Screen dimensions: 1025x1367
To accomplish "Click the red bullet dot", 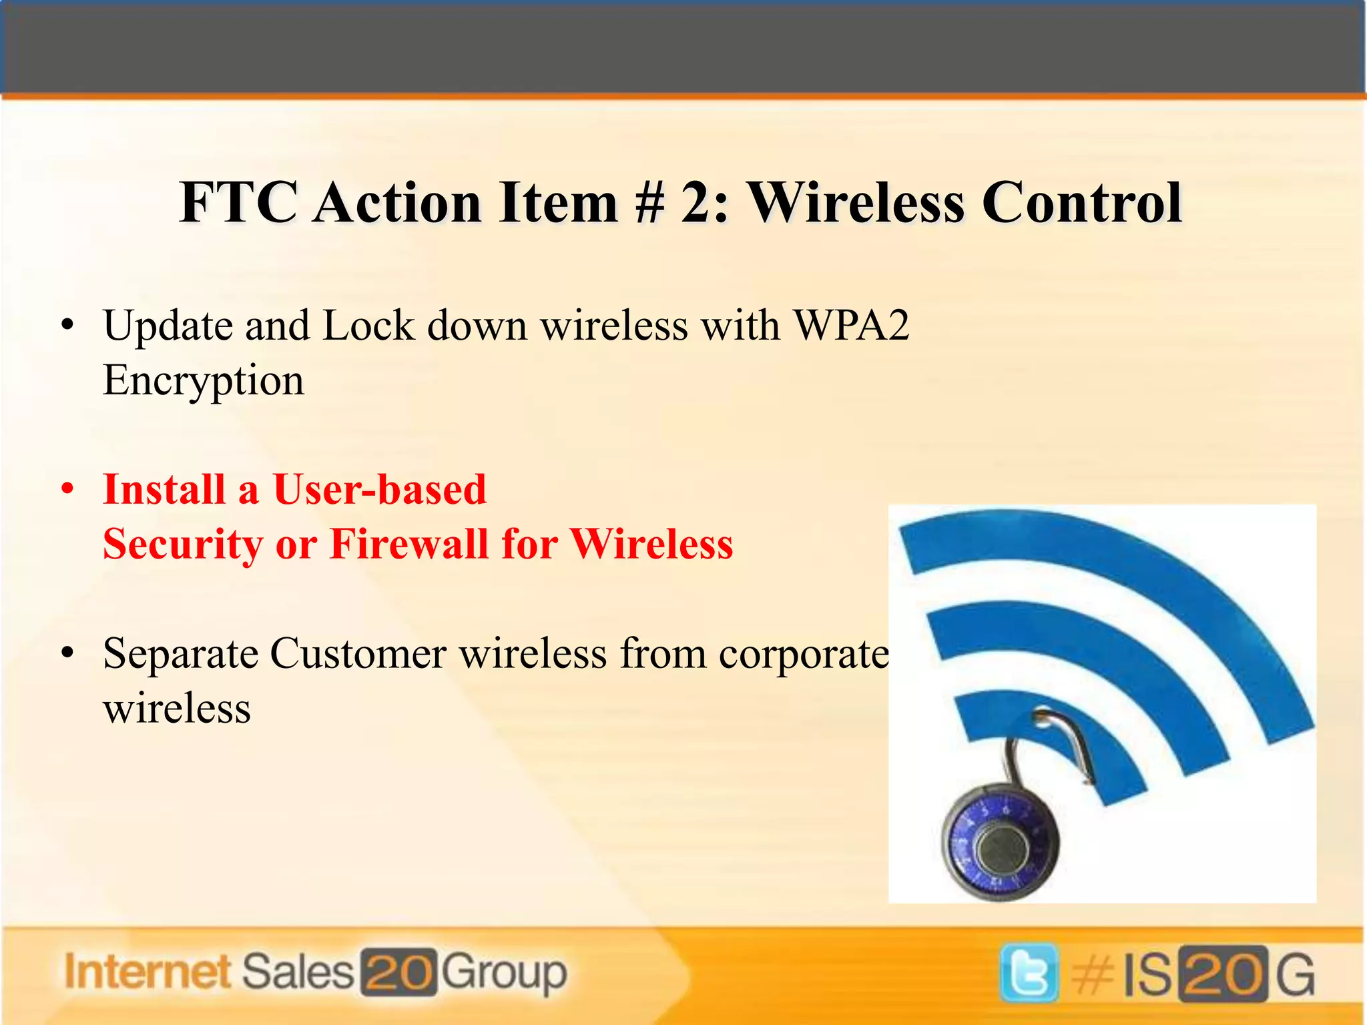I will [66, 490].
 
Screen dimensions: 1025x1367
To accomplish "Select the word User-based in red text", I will [380, 490].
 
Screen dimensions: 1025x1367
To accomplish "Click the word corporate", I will [804, 655].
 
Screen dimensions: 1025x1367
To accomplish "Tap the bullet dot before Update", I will [66, 326].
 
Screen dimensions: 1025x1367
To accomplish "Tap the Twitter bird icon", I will [1029, 972].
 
